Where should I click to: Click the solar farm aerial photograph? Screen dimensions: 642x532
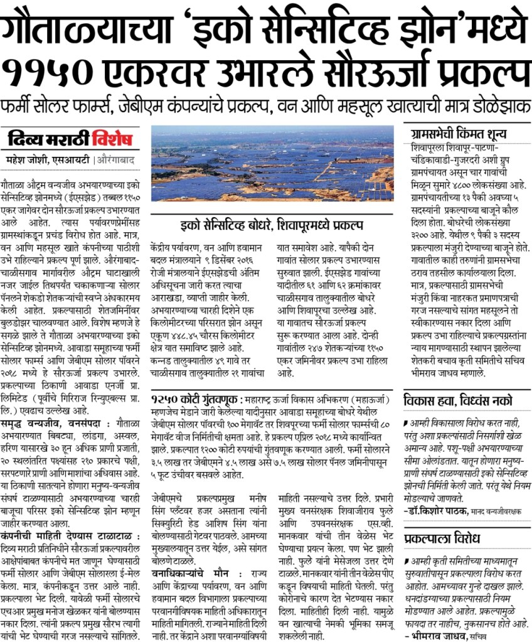[272, 163]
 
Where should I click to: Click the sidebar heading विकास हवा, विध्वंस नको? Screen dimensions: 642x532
[457, 400]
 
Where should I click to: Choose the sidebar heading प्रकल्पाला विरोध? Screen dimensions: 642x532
[442, 539]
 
